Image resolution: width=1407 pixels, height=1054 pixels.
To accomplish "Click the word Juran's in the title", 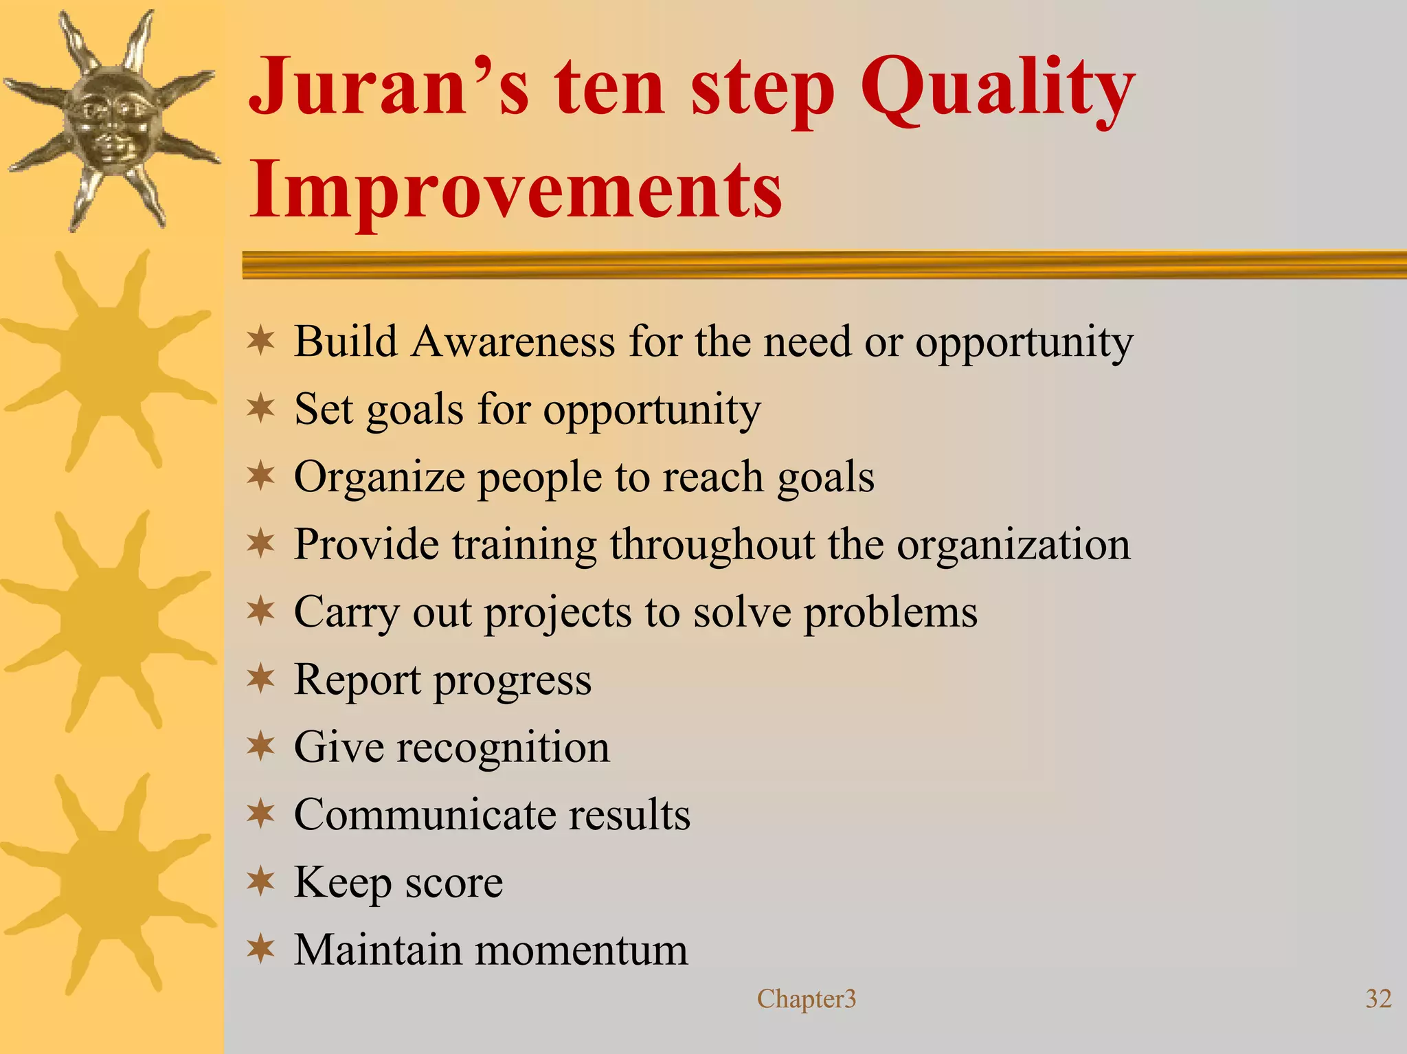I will point(389,87).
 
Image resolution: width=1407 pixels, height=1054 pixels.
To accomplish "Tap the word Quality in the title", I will point(997,89).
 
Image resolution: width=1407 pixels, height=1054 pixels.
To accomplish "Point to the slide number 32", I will point(1378,998).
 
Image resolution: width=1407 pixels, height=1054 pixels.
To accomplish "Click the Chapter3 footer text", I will point(807,998).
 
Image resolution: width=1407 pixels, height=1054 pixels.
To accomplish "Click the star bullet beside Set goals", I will point(261,408).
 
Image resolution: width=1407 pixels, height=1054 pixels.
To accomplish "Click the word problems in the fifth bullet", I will point(890,612).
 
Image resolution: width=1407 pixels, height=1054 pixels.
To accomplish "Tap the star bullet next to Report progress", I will point(261,679).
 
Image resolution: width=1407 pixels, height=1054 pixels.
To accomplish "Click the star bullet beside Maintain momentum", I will point(261,950).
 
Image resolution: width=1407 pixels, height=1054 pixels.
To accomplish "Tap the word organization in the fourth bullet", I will point(1013,544).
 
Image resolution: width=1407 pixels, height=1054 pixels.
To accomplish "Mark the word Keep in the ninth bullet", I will point(342,882).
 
